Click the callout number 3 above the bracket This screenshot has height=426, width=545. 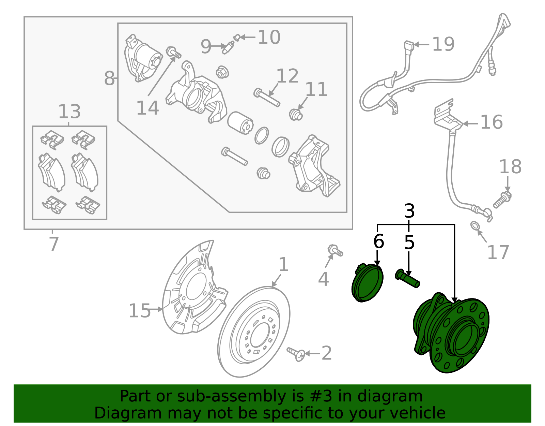pos(409,211)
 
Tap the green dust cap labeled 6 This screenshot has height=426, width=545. pos(367,283)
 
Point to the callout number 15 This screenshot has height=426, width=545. pos(140,311)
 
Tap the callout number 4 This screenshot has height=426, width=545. pos(323,279)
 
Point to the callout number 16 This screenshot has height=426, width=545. pos(491,122)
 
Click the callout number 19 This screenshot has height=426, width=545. pos(443,44)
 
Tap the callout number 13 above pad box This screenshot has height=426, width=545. pos(69,112)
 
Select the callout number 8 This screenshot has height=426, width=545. pos(109,78)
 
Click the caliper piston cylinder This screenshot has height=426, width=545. pos(240,123)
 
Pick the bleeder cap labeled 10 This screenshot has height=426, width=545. pos(237,37)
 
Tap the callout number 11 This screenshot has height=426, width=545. pos(316,89)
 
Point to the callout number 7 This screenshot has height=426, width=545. pos(54,244)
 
